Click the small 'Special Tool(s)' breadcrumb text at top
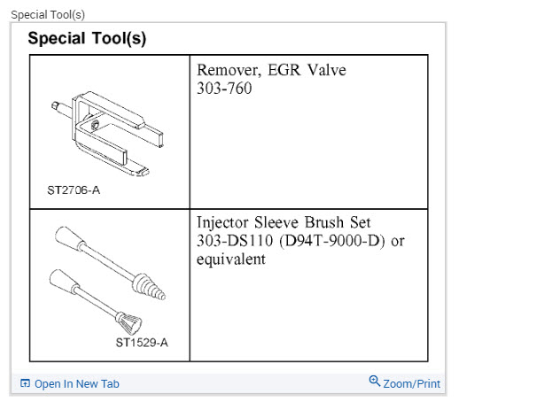(48, 15)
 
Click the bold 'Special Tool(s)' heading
(87, 39)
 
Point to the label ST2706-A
(74, 189)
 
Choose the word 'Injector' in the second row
(227, 222)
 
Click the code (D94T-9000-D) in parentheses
(330, 241)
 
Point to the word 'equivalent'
(230, 259)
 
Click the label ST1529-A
(142, 343)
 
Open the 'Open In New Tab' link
(76, 384)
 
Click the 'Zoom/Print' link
(412, 384)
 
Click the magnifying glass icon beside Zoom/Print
(375, 382)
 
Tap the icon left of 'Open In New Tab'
(25, 384)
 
